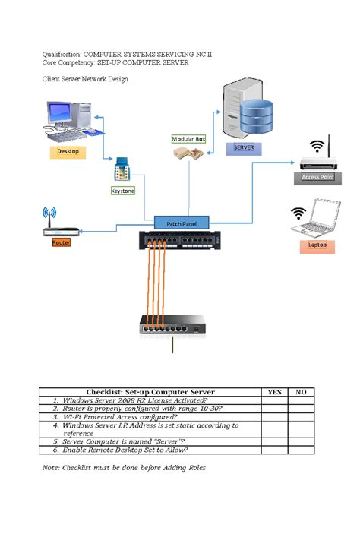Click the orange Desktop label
pos(68,152)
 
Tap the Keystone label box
pos(123,191)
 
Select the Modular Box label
pos(188,139)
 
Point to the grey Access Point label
pos(317,177)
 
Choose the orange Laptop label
pos(317,245)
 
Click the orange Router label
pos(61,242)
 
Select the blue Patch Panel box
pos(181,223)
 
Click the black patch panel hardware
pos(181,241)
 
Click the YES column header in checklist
pos(274,392)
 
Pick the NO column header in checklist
pos(301,392)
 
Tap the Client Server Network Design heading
pos(84,79)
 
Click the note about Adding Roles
pos(123,468)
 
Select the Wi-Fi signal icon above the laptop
pos(298,213)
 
